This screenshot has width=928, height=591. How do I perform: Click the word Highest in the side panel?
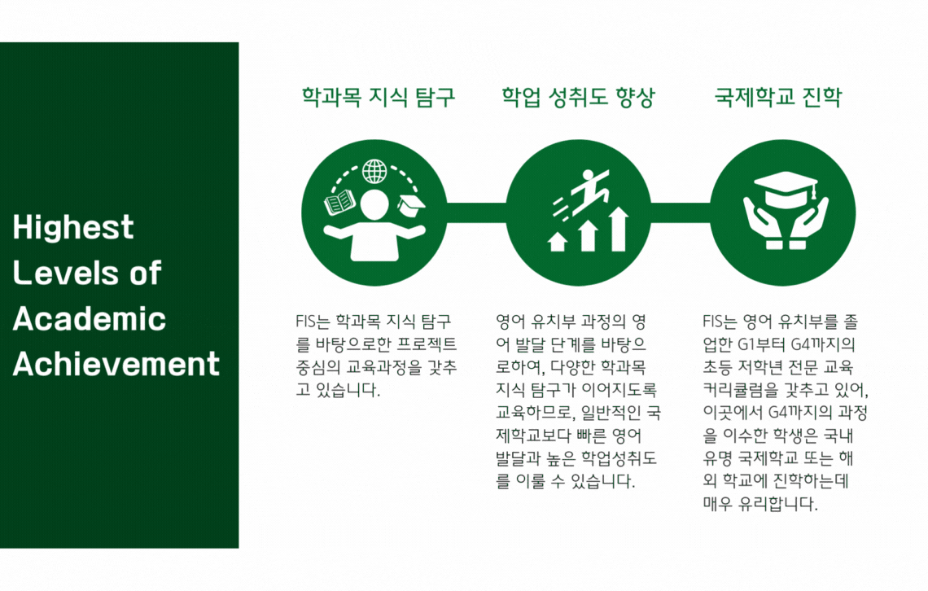click(x=73, y=228)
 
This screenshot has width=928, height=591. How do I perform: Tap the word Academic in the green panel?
click(x=90, y=319)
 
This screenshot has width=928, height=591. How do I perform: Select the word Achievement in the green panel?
click(x=116, y=364)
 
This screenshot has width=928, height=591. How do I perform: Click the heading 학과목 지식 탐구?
click(x=379, y=97)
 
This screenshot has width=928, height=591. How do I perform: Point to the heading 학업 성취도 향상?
click(x=578, y=97)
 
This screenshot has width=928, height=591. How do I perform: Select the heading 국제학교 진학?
click(x=777, y=97)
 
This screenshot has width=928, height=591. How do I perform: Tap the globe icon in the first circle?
click(x=374, y=172)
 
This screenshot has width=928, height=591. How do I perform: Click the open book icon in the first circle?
click(x=339, y=203)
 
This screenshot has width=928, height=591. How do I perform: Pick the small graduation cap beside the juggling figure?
click(x=411, y=205)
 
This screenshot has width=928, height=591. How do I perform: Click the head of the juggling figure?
click(x=374, y=204)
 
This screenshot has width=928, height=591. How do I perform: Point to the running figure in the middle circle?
click(x=583, y=192)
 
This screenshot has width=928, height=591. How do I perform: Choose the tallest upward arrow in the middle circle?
click(x=619, y=229)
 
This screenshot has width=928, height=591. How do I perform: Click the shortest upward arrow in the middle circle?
click(x=558, y=242)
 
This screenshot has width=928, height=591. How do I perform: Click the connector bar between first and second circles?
click(x=476, y=213)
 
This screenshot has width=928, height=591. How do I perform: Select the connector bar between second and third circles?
click(x=681, y=213)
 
